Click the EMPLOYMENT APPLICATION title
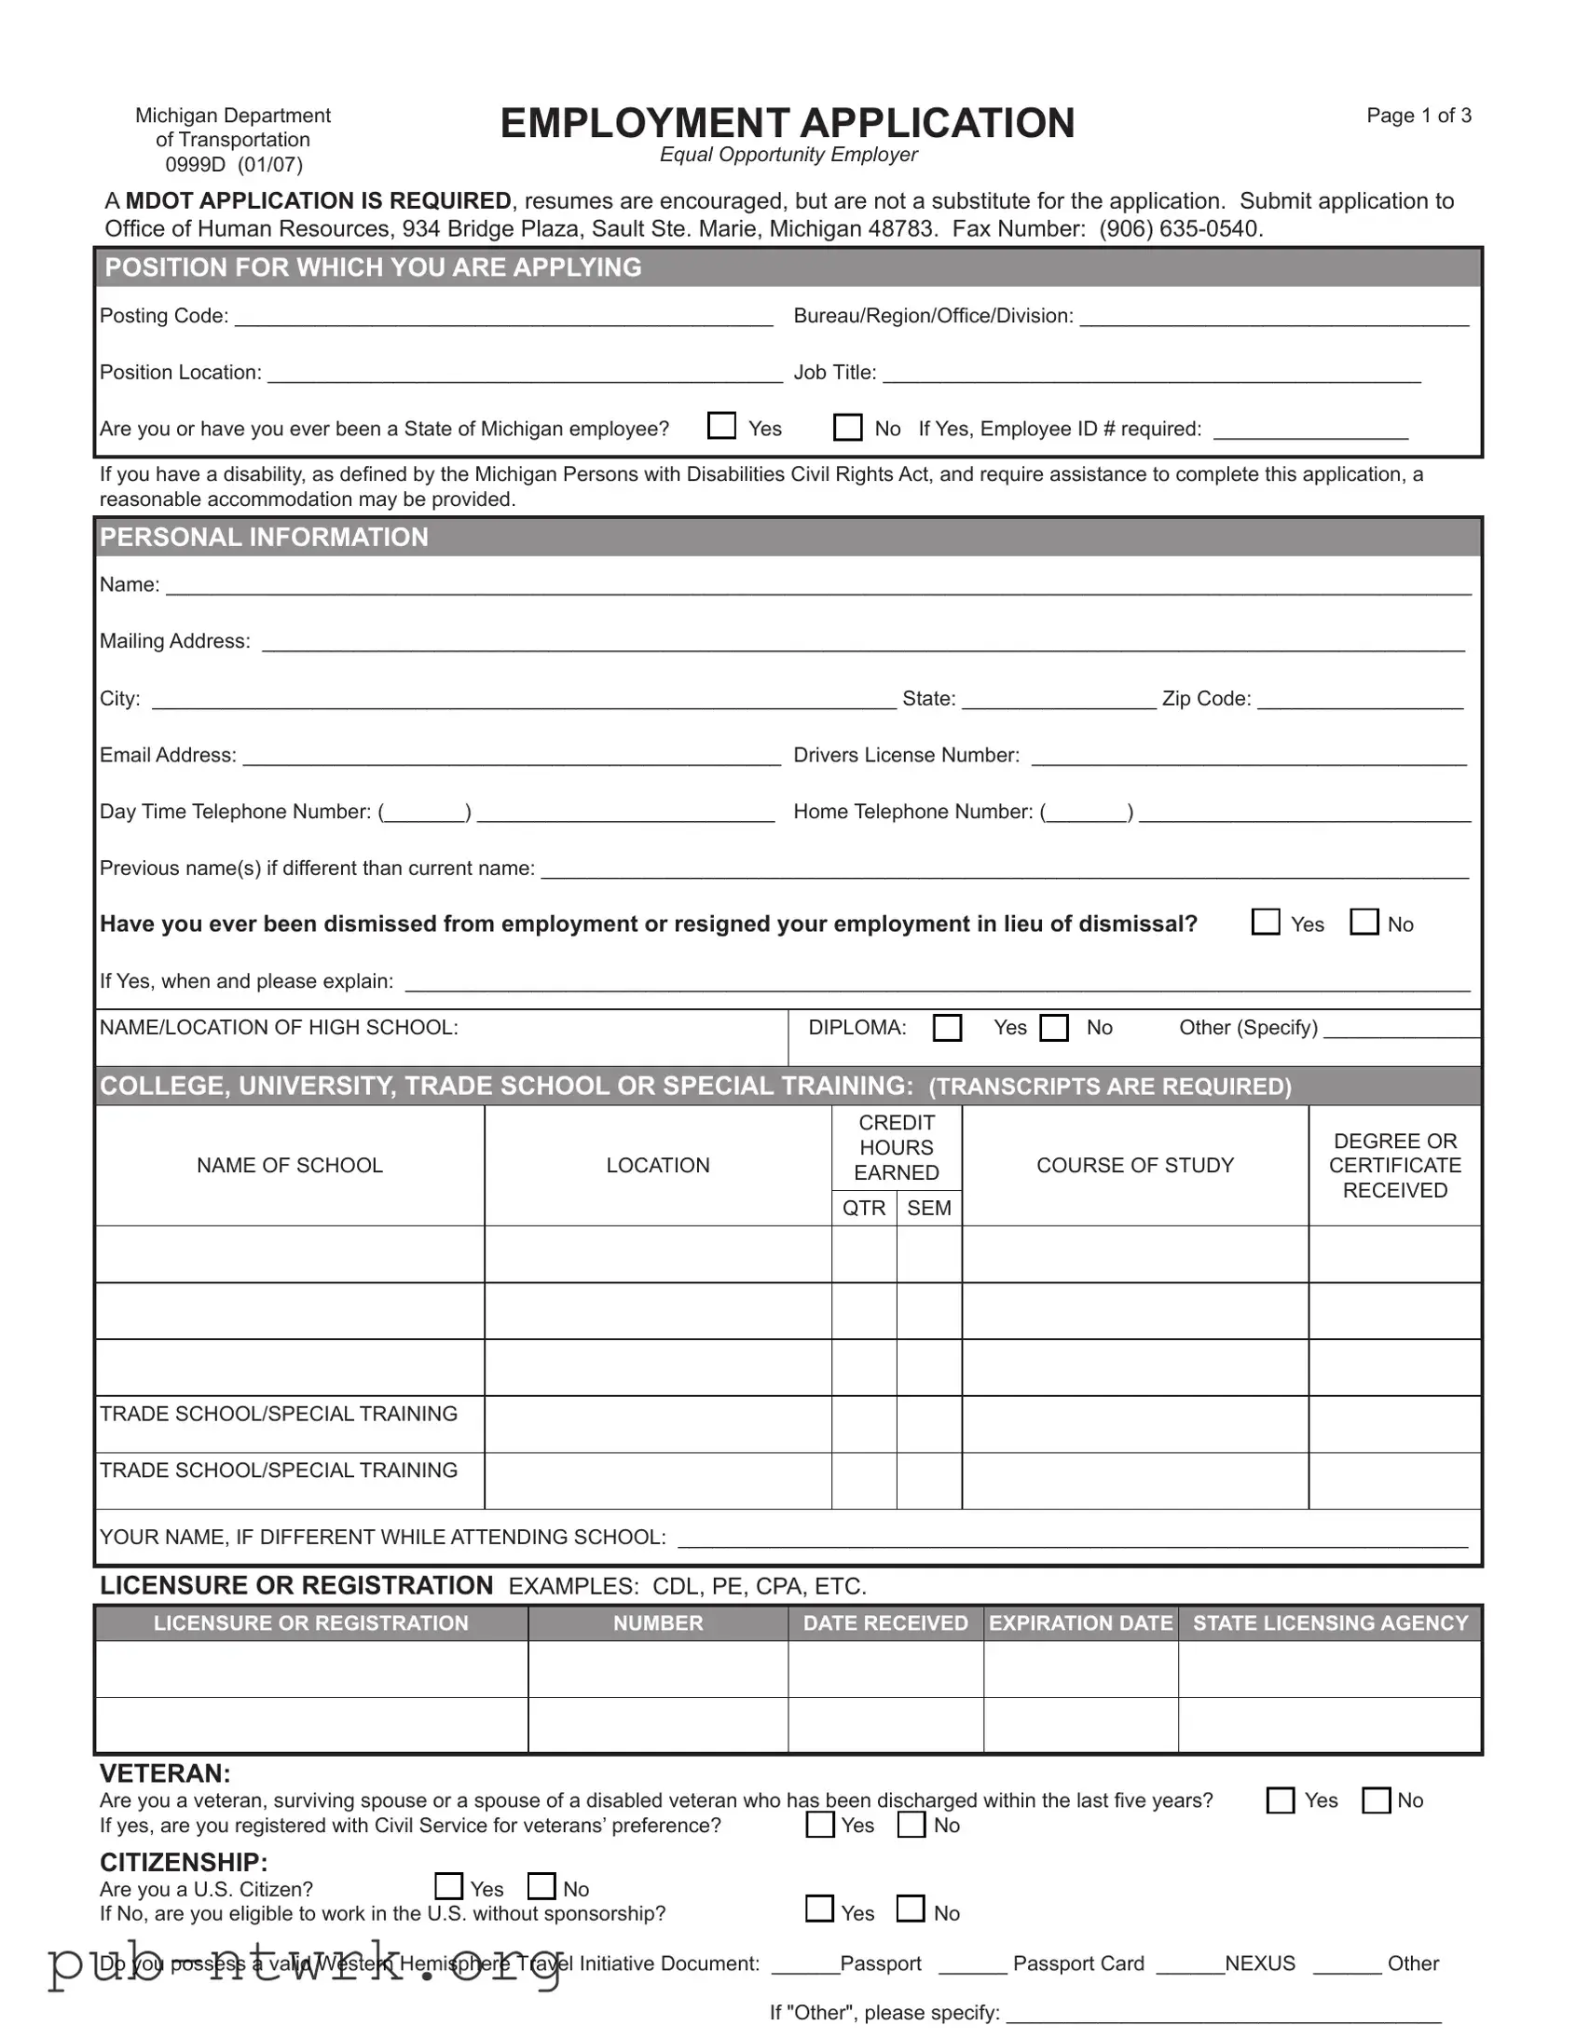tap(787, 123)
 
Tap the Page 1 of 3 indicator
tap(1418, 115)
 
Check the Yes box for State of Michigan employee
tap(721, 426)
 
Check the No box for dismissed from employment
tap(1364, 922)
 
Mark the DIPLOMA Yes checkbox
tap(947, 1027)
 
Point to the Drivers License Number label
tap(906, 754)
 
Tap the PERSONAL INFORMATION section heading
tap(265, 537)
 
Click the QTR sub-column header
tap(864, 1208)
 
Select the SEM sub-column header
tap(929, 1208)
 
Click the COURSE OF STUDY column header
tap(1134, 1165)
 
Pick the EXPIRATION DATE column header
tap(1080, 1622)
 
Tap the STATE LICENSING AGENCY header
tap(1330, 1622)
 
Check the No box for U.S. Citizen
tap(541, 1886)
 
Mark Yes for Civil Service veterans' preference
tap(820, 1824)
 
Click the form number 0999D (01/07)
tap(233, 164)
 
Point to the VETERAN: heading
tap(164, 1772)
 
